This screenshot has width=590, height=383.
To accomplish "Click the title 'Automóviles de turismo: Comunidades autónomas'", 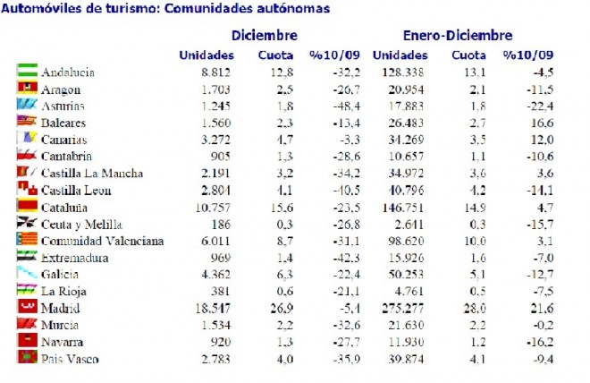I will (x=165, y=9).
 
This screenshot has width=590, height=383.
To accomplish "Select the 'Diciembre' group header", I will (x=265, y=36).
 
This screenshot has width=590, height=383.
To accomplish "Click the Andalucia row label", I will (x=69, y=72).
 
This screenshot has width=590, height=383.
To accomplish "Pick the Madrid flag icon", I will (x=26, y=307).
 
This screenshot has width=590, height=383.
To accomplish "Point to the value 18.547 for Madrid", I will (x=214, y=307).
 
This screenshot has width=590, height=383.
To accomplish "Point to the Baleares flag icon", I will (x=26, y=123).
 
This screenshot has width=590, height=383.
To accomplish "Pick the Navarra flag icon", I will (x=26, y=341).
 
